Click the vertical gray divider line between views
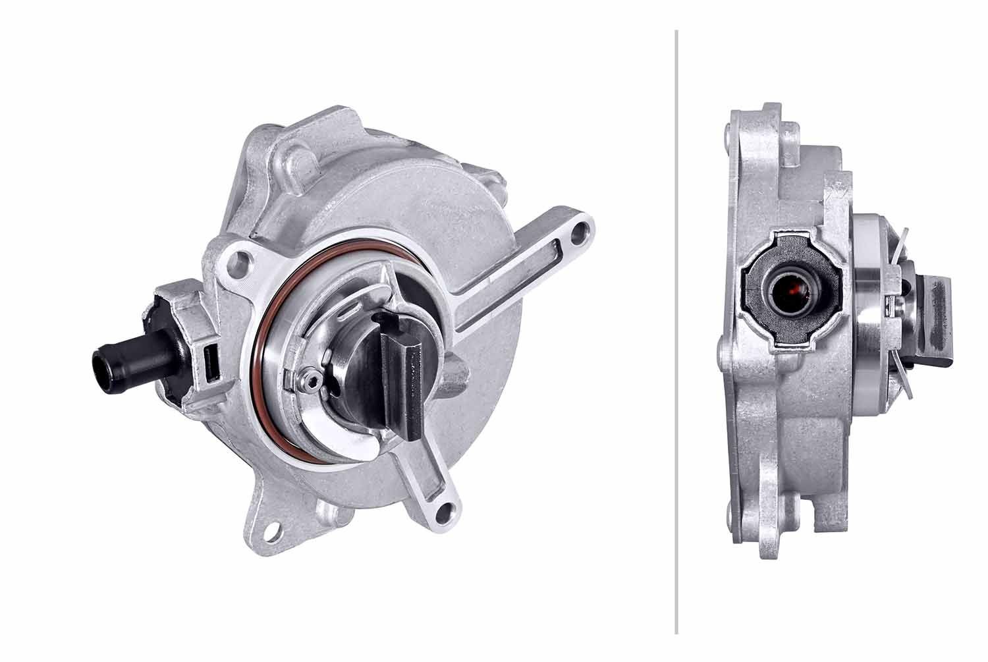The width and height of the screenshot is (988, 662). tap(676, 329)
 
